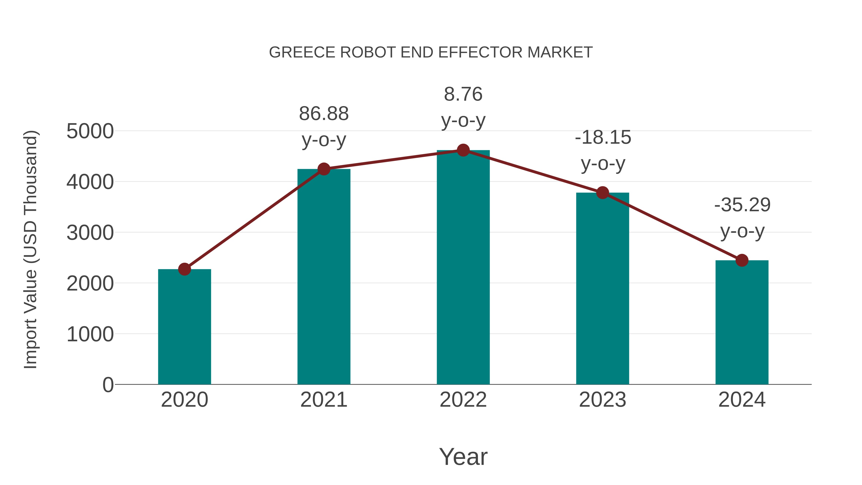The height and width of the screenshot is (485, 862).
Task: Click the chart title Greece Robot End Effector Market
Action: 431,52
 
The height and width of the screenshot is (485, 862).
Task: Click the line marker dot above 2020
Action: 184,269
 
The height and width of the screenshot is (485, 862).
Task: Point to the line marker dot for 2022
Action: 463,150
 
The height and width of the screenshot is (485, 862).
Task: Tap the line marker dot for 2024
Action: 742,260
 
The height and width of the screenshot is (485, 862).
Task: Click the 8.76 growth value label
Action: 463,94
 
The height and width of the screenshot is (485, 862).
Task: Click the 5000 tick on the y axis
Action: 90,131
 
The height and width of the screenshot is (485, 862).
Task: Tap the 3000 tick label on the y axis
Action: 90,233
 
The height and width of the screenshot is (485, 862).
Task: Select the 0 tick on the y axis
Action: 108,385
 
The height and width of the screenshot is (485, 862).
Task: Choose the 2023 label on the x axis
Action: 602,400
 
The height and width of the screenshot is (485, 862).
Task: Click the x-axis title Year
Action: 463,456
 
